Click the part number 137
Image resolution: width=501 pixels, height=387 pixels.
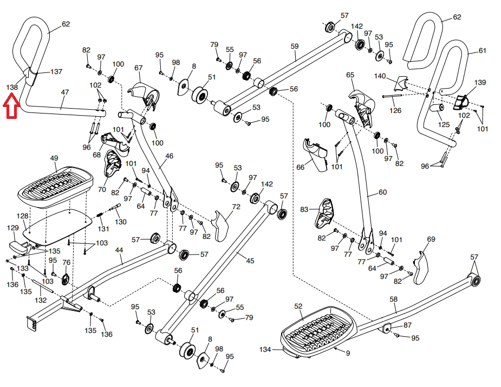coord(56,71)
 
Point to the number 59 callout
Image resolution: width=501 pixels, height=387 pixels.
coord(294,47)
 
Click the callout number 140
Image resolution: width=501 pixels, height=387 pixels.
coord(380,76)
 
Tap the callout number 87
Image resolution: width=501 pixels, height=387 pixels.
coord(407,325)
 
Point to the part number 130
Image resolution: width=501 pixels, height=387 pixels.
coord(121,222)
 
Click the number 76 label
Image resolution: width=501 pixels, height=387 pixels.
coord(66,263)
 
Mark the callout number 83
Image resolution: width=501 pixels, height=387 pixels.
coord(304,209)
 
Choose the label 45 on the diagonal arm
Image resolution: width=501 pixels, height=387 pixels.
coord(250,261)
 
